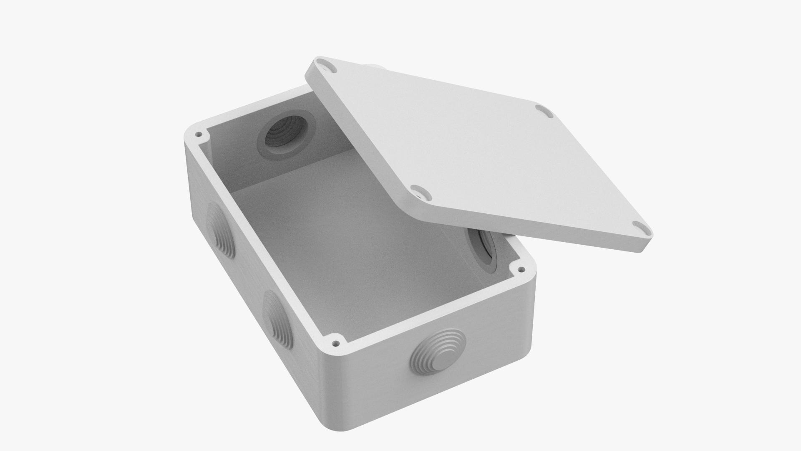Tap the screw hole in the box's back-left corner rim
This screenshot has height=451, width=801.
(x=199, y=135)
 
